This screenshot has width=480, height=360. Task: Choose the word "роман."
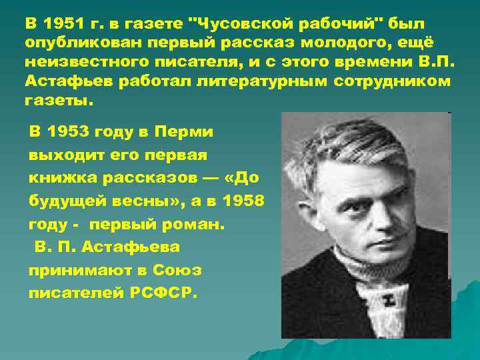(x=193, y=225)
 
